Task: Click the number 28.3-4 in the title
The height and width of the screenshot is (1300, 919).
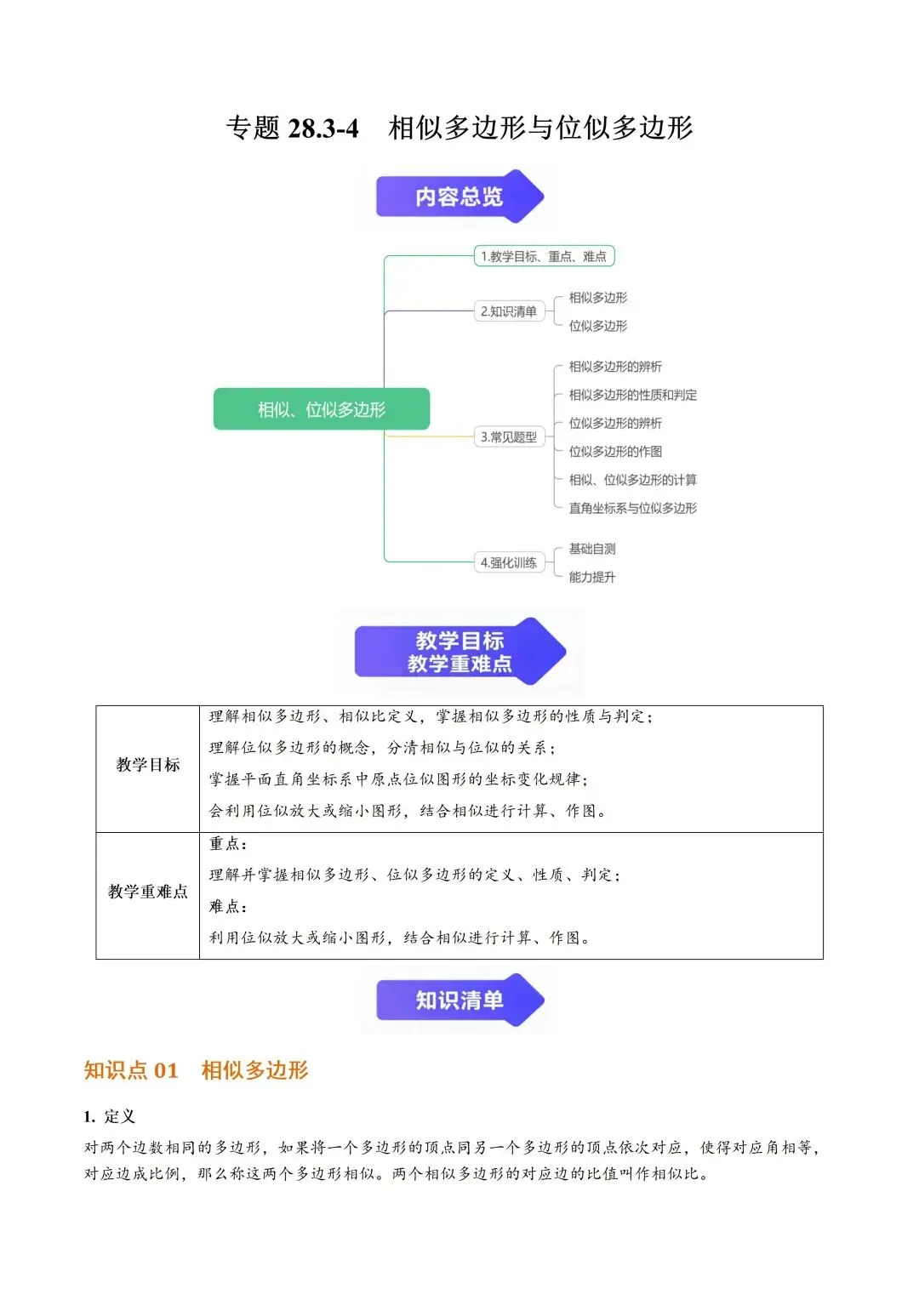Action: coord(323,128)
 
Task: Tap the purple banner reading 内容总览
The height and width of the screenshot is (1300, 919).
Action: coord(459,197)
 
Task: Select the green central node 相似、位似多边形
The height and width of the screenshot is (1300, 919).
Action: coord(322,409)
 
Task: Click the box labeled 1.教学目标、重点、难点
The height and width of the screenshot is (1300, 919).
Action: coord(544,256)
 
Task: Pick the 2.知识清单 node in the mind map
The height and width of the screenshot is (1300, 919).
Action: coord(509,311)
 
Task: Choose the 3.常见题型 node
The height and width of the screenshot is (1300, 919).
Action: coord(509,436)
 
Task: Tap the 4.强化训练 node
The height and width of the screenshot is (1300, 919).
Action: coord(509,562)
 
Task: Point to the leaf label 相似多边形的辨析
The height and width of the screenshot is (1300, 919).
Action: coord(615,366)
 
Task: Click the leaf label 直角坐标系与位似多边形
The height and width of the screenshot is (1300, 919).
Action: coord(633,508)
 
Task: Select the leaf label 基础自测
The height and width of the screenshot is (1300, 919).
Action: coord(592,549)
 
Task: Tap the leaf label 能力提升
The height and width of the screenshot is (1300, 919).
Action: coord(592,577)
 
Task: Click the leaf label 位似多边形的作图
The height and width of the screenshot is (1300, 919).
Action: coord(615,451)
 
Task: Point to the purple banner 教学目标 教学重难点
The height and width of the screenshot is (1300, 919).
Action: coord(459,651)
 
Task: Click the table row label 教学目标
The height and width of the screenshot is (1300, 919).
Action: coord(148,764)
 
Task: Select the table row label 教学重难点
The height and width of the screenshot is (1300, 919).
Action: coord(148,891)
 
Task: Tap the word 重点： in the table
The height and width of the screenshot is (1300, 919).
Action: coord(228,843)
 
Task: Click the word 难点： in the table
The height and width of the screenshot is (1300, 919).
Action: coord(228,906)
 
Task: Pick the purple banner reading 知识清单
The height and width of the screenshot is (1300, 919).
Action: coord(459,1000)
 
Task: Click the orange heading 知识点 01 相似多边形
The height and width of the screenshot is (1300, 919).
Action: coord(196,1069)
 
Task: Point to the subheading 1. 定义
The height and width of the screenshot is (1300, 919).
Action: coord(109,1116)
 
